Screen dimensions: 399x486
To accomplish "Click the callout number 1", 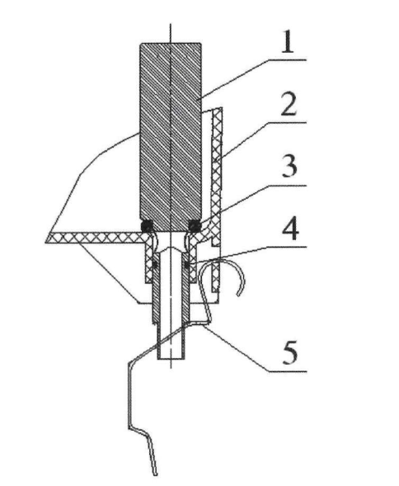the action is pos(288,42).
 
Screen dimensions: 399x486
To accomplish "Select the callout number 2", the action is pos(289,105).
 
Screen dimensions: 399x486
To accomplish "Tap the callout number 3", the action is pos(289,167).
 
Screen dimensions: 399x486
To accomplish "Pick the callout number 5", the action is pos(290,352).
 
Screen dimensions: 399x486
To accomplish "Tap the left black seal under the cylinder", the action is pos(147,226).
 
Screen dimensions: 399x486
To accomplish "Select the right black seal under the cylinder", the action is pos(195,226).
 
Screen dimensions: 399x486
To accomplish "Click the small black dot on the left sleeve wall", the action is pos(155,264).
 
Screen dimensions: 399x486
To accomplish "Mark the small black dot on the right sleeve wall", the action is pos(187,264).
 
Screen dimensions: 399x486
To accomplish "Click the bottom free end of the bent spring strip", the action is pos(156,474).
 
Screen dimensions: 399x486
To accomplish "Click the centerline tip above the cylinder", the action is pos(171,24).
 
